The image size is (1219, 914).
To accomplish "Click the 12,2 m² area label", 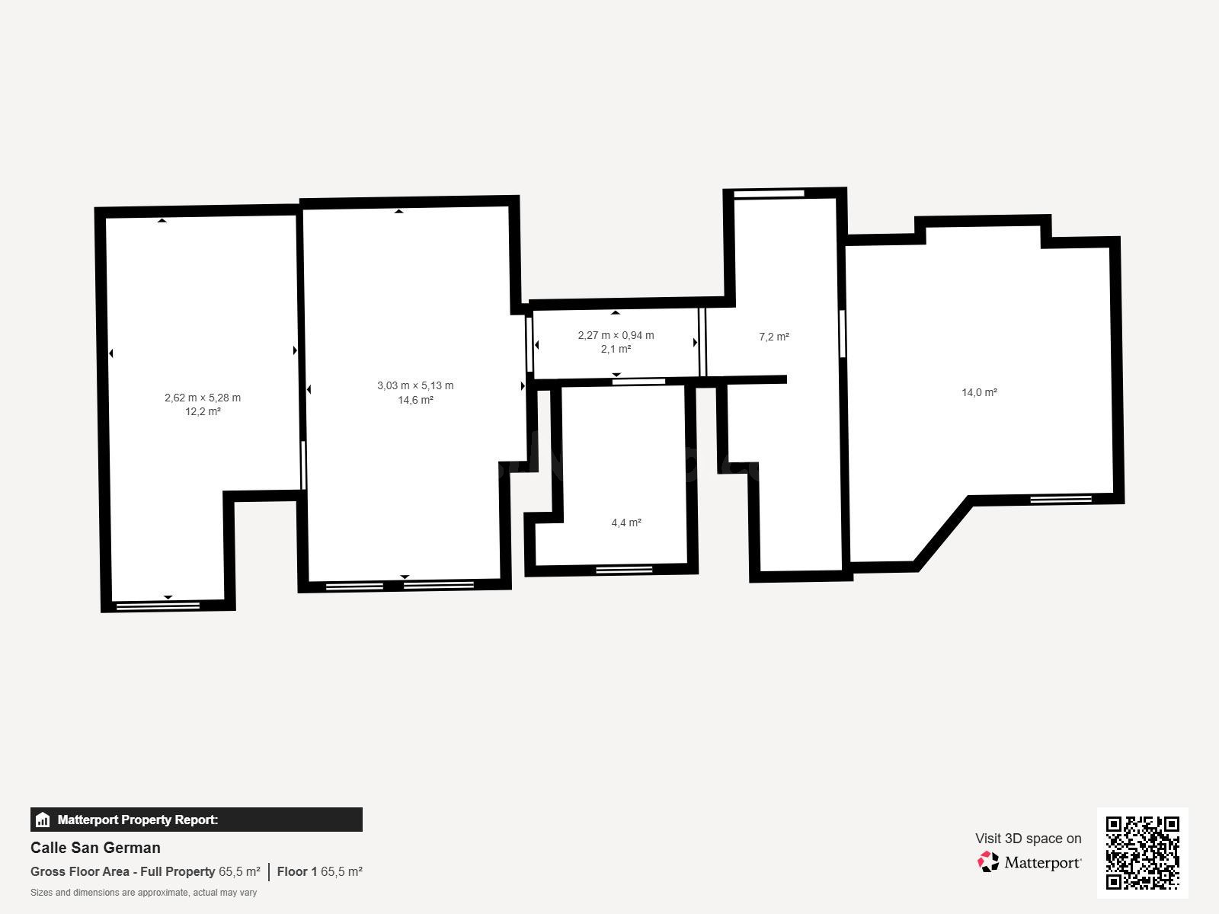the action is pyautogui.click(x=203, y=411).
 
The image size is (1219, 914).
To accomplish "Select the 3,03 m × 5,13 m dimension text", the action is pyautogui.click(x=415, y=385).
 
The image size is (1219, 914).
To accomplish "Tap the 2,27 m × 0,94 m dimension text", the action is pyautogui.click(x=616, y=335).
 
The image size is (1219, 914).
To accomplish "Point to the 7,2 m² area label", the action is pyautogui.click(x=773, y=337).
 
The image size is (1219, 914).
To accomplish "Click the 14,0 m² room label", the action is pyautogui.click(x=979, y=392).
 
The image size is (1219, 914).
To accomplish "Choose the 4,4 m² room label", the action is pyautogui.click(x=626, y=523).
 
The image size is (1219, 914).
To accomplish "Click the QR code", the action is pyautogui.click(x=1142, y=853).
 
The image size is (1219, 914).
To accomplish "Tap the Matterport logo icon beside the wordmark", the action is pyautogui.click(x=988, y=862).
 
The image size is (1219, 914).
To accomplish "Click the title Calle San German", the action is pyautogui.click(x=95, y=848).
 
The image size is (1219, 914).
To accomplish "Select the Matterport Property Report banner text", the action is pyautogui.click(x=138, y=820).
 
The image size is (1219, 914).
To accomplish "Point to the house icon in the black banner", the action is pyautogui.click(x=43, y=820).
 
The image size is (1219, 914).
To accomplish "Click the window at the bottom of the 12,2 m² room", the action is pyautogui.click(x=158, y=606).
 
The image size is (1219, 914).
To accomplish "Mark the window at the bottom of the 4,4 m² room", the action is pyautogui.click(x=624, y=570).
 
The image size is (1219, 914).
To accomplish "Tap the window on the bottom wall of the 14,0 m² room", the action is pyautogui.click(x=1061, y=499).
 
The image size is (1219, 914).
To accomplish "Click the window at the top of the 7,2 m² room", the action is pyautogui.click(x=769, y=193).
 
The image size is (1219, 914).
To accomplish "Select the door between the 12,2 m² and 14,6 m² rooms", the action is pyautogui.click(x=303, y=465).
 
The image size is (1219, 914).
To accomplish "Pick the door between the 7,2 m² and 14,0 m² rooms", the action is pyautogui.click(x=843, y=334).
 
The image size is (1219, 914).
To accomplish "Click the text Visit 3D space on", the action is pyautogui.click(x=1028, y=838).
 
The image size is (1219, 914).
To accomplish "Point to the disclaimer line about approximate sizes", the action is pyautogui.click(x=144, y=893).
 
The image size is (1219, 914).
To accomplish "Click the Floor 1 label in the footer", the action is pyautogui.click(x=297, y=871).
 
